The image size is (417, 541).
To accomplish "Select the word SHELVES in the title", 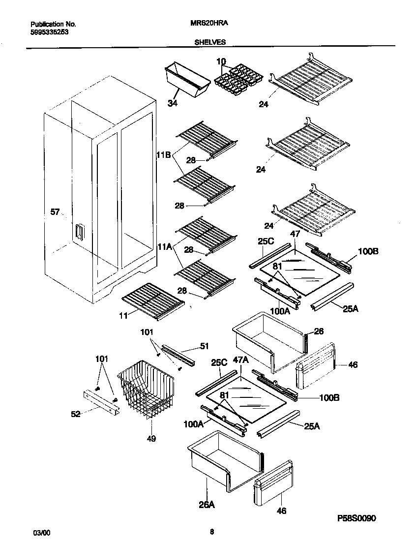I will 208,42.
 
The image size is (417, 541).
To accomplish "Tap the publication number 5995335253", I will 49,31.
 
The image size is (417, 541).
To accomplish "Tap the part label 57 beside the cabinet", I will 55,212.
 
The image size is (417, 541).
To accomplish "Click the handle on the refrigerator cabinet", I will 78,233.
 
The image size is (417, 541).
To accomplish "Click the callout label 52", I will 75,414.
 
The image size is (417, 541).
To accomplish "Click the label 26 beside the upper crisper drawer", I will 318,331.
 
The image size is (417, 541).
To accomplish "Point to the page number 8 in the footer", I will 211,531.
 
